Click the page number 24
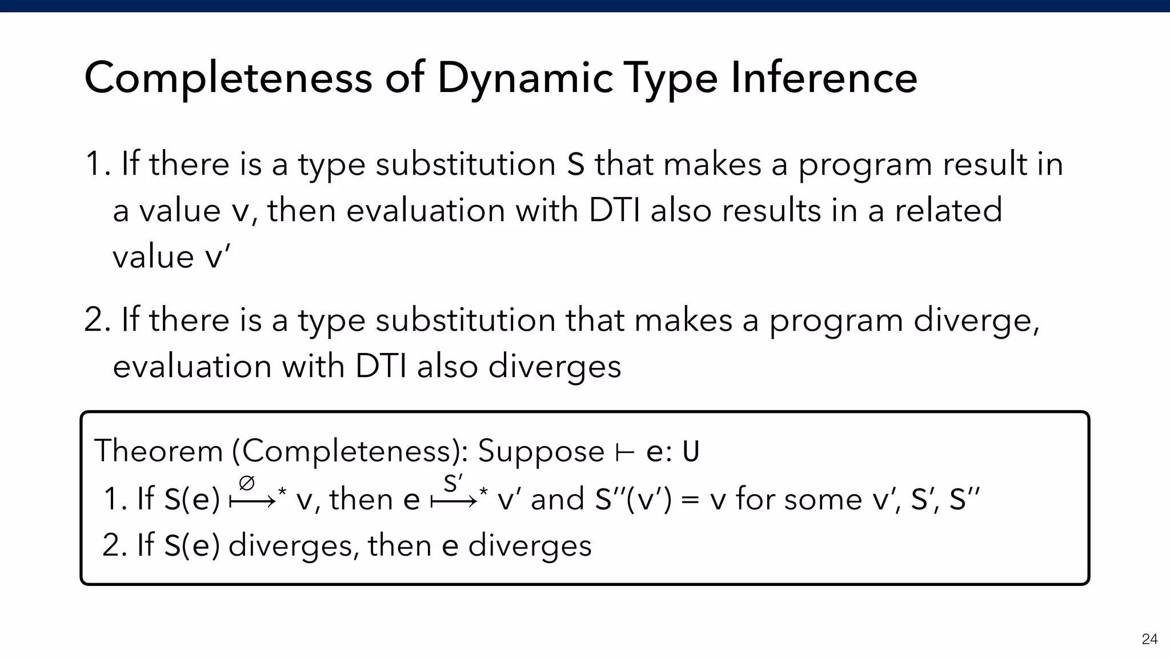pos(1149,639)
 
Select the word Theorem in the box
pos(158,451)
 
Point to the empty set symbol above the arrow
pos(247,484)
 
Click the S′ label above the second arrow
pos(453,484)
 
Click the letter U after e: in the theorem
pos(691,452)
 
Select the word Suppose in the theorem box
pos(540,452)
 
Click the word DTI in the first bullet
pos(615,210)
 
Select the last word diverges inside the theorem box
pos(530,545)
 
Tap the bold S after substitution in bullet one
pos(575,164)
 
